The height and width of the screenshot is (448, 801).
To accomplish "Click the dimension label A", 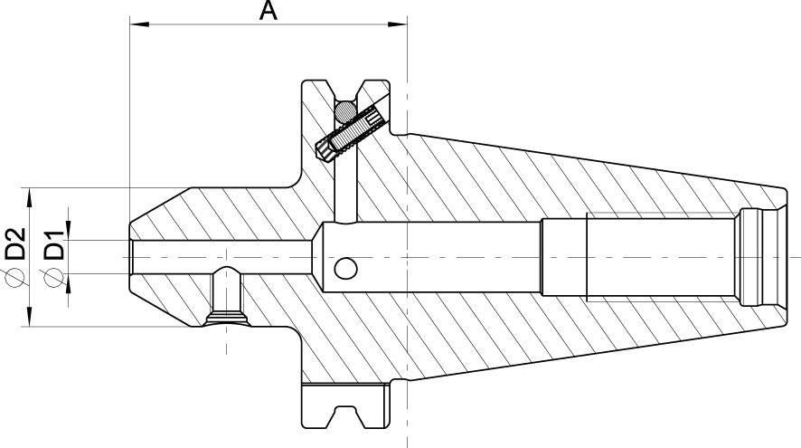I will click(268, 11).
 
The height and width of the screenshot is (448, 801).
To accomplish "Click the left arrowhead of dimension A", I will click(137, 24).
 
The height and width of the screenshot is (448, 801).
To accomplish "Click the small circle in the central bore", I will click(345, 269).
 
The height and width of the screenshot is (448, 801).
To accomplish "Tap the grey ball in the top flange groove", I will click(344, 110).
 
